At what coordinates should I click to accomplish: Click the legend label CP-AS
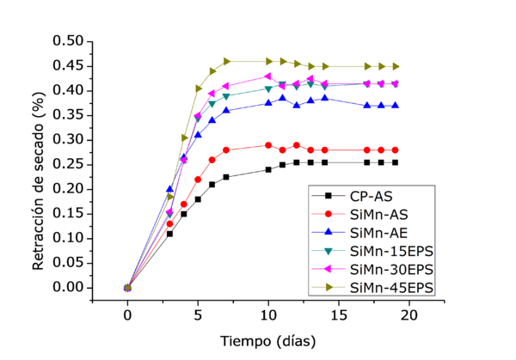(x=369, y=196)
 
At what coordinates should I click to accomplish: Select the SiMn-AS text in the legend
(x=378, y=214)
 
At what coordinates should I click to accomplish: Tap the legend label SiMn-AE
(x=378, y=232)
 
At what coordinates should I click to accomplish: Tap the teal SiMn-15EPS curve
(x=249, y=92)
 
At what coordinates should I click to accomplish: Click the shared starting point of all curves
(x=127, y=288)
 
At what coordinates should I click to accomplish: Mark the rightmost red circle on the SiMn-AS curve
(x=396, y=149)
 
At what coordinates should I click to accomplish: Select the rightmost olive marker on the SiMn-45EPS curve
(x=396, y=66)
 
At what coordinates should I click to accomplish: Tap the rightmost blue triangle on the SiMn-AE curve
(x=396, y=105)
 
